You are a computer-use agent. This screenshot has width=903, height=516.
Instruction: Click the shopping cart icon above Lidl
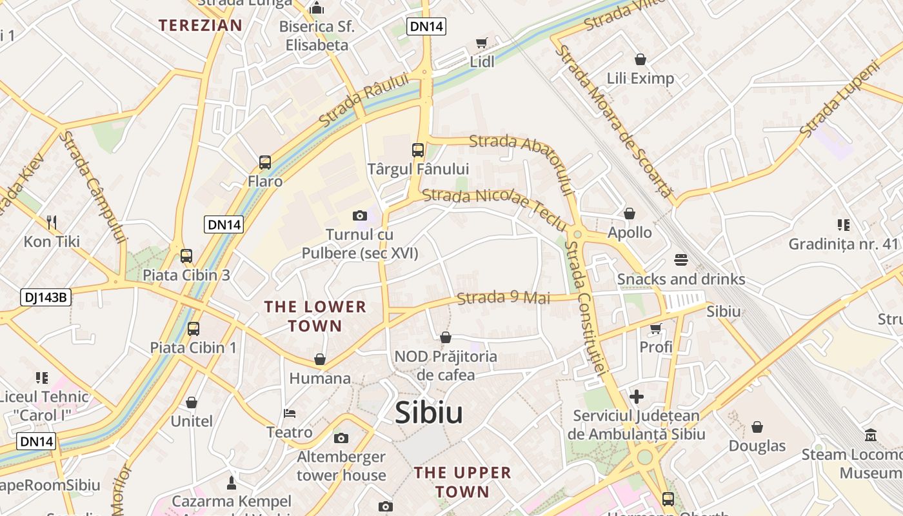pos(481,43)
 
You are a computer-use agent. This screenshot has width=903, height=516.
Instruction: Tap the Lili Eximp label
pos(640,79)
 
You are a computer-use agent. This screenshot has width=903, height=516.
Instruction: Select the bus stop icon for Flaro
pos(264,162)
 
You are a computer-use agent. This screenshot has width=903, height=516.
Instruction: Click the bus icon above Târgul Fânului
pos(418,150)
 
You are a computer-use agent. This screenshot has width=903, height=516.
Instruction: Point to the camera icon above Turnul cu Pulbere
pos(360,215)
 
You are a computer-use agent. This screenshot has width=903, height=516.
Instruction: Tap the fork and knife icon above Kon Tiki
pos(52,223)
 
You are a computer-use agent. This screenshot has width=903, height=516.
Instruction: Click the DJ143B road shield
pos(45,297)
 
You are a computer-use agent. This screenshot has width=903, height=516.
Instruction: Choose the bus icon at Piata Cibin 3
pos(186,256)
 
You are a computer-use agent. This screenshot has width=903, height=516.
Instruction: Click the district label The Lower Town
pos(315,316)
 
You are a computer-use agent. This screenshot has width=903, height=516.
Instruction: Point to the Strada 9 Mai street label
pos(504,298)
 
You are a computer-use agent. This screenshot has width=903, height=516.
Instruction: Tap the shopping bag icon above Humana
pos(320,359)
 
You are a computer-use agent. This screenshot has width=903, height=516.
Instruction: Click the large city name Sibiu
pos(429,413)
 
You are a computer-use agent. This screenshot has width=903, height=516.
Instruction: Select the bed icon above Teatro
pos(290,413)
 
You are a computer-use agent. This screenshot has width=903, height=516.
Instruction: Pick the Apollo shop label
pos(630,232)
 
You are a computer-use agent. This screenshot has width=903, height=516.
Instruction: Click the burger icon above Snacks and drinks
pos(681,260)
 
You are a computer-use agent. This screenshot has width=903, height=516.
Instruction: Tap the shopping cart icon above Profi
pos(656,328)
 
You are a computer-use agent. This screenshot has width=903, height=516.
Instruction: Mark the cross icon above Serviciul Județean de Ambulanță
pos(637,396)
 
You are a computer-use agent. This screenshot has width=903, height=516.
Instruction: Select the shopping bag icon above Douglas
pos(757,427)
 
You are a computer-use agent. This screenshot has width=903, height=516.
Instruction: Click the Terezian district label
pos(201,25)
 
